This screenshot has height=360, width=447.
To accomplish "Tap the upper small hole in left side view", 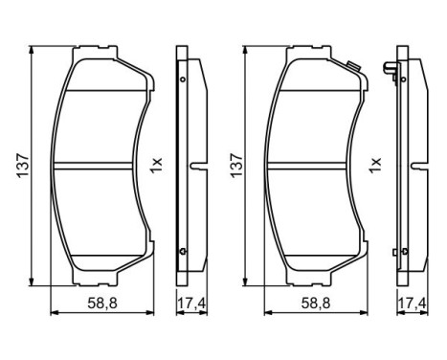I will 181,79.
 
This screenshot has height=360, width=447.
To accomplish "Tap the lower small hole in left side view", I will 181,251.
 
